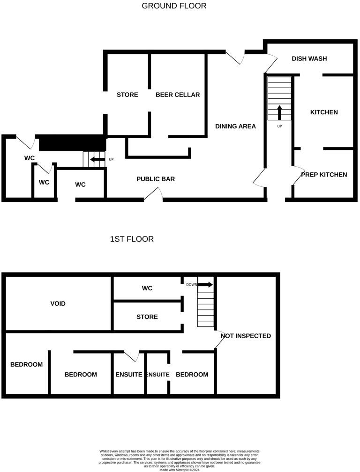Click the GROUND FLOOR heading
point(174,6)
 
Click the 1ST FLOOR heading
point(132,239)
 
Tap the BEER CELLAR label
point(178,95)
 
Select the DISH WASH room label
point(309,59)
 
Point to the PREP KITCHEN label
point(324,175)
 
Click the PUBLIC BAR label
point(156,179)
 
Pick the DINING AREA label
point(235,126)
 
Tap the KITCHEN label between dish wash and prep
point(324,112)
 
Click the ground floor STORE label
point(127,95)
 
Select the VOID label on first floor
point(58,303)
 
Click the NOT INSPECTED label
point(246,336)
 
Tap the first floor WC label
point(147,288)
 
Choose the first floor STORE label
point(147,317)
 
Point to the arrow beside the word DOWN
point(205,285)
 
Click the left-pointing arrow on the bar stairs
point(97,160)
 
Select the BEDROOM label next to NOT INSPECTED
point(192,375)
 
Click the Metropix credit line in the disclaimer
point(180,470)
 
